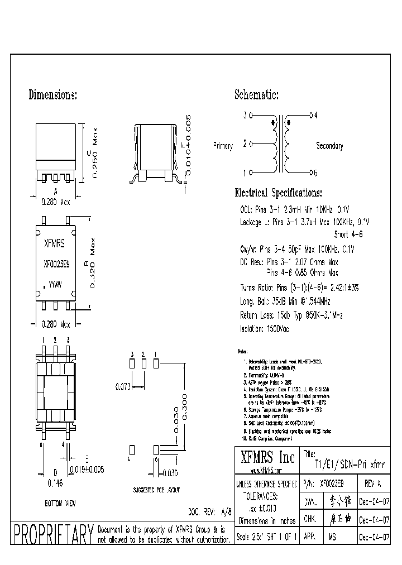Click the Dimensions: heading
(52, 95)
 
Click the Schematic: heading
(256, 95)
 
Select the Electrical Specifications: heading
(278, 194)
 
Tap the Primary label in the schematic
(223, 146)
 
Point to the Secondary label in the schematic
(329, 146)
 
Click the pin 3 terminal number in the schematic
(243, 116)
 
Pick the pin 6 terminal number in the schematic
(315, 173)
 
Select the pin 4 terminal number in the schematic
(315, 116)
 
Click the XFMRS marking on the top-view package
(54, 243)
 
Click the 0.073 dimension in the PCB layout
(123, 386)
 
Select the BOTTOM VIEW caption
(59, 504)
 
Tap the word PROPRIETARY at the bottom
(53, 534)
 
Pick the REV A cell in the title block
(373, 482)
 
